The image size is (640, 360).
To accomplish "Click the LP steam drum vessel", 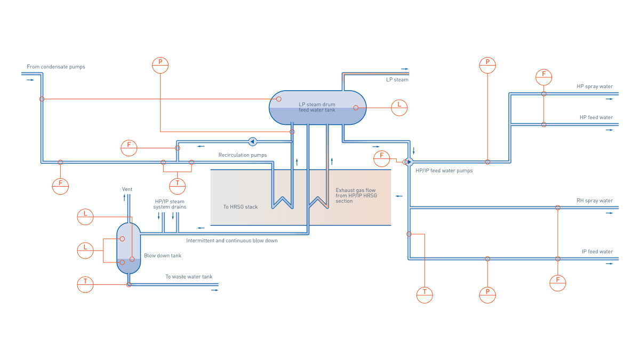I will click(x=317, y=107).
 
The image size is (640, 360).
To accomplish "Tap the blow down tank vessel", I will click(x=129, y=248).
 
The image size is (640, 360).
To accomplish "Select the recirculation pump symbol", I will click(x=252, y=141).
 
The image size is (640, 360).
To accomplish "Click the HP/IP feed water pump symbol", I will click(x=409, y=162).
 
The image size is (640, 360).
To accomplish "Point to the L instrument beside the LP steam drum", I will click(x=399, y=107).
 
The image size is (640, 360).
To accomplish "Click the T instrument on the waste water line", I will click(x=85, y=284).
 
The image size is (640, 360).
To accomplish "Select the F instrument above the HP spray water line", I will click(x=543, y=77).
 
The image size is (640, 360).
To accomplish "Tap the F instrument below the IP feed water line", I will click(x=557, y=283).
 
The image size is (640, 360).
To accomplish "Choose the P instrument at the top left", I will click(x=160, y=65).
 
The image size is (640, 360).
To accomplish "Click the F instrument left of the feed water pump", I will click(x=381, y=158).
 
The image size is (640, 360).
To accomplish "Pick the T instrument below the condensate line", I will click(x=177, y=186).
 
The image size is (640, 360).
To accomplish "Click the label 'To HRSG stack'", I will click(x=240, y=207).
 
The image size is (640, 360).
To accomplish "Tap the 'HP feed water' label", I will click(x=596, y=118).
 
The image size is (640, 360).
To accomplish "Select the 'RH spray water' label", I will click(x=594, y=201).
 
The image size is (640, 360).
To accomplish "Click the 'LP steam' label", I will click(x=397, y=80).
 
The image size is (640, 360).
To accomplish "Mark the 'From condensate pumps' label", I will click(x=56, y=67).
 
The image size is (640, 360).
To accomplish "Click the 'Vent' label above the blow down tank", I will click(x=127, y=189).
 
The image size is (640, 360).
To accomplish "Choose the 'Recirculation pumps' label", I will click(x=242, y=155).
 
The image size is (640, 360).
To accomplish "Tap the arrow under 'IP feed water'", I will click(x=609, y=263).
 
